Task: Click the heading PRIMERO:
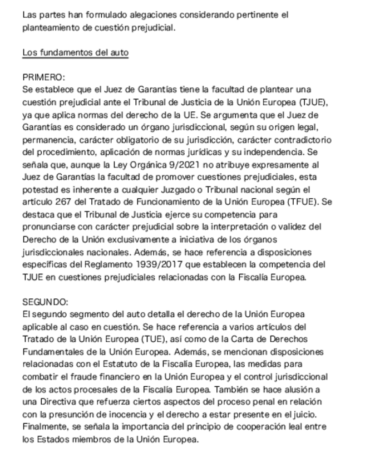pyautogui.click(x=43, y=77)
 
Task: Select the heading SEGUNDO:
pyautogui.click(x=45, y=302)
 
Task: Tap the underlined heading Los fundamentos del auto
pyautogui.click(x=75, y=53)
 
